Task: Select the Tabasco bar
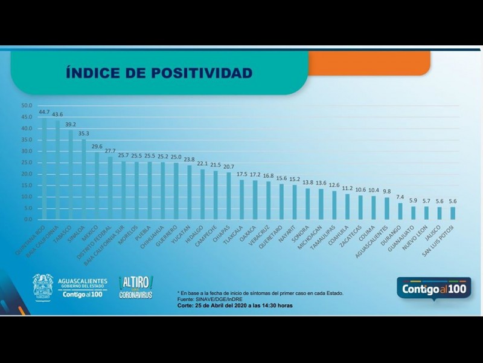[71, 175]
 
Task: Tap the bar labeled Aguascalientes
[386, 208]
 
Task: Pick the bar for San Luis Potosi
[453, 213]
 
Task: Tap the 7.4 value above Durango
[400, 197]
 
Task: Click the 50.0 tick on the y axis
[27, 106]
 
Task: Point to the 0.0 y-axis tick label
[28, 219]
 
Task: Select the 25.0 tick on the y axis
[27, 163]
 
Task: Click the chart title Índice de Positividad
[159, 73]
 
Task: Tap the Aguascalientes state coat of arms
[42, 286]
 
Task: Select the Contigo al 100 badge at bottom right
[433, 288]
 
